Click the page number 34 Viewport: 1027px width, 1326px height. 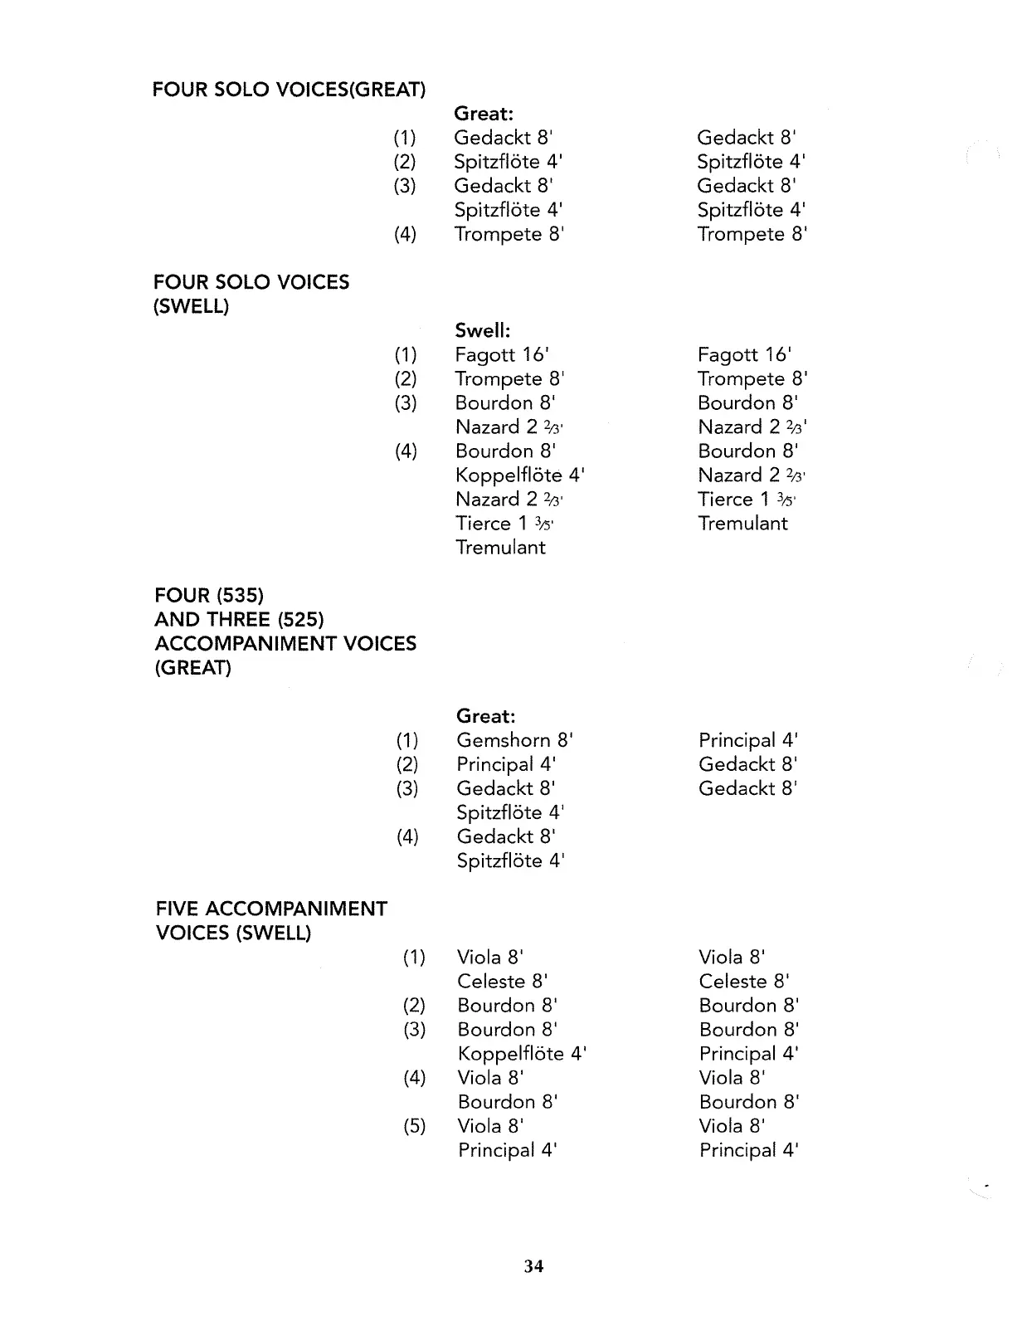pos(533,1265)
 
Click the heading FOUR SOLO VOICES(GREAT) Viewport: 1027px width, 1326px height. pos(289,90)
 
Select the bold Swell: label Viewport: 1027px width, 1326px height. pos(482,330)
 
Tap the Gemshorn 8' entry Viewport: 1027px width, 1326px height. pos(514,740)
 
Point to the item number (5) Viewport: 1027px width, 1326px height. pos(414,1126)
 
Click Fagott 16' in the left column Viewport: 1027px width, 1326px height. pos(502,355)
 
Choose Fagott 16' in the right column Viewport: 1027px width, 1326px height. pos(744,355)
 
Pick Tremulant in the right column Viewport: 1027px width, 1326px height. pos(742,524)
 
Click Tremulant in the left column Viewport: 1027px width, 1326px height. pos(500,548)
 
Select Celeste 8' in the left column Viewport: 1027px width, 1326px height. pos(502,982)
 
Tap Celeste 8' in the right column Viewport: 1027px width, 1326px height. pos(743,982)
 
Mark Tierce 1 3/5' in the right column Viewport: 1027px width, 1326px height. pos(746,500)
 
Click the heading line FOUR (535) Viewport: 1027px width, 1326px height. pos(209,596)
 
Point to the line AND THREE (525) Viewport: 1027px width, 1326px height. pos(239,620)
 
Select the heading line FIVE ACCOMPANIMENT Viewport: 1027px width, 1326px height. pos(271,909)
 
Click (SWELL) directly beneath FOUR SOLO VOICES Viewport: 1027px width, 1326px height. pos(192,306)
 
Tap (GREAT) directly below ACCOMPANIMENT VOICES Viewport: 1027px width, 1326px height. pos(193,668)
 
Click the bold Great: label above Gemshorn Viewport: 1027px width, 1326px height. pos(485,716)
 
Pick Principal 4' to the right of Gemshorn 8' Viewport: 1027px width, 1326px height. pos(747,740)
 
